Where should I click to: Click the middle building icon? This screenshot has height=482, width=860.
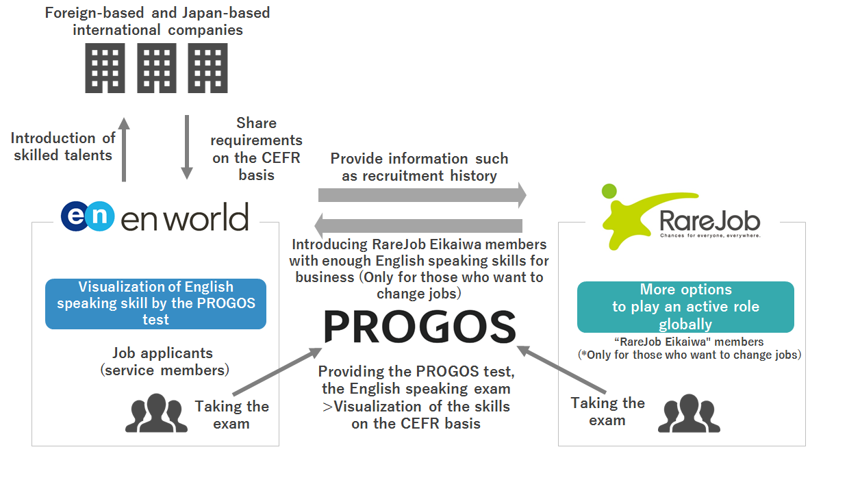pyautogui.click(x=157, y=68)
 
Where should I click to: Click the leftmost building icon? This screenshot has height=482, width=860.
pyautogui.click(x=105, y=68)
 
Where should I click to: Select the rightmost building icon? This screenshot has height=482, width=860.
pyautogui.click(x=208, y=68)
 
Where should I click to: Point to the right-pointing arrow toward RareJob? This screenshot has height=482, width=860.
pyautogui.click(x=422, y=194)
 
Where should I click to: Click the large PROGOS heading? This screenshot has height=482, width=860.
pyautogui.click(x=419, y=327)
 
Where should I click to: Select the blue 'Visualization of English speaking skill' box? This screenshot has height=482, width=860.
pyautogui.click(x=156, y=303)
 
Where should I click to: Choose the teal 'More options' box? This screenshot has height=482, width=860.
pyautogui.click(x=685, y=307)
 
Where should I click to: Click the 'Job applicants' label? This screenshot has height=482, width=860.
pyautogui.click(x=162, y=353)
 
